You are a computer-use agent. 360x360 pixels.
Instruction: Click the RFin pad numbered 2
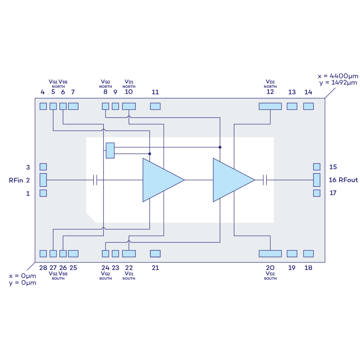point(43,180)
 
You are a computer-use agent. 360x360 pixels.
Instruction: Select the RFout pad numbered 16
point(317,180)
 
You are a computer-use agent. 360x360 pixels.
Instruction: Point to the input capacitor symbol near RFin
point(95,180)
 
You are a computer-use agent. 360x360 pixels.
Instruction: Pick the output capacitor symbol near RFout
point(265,180)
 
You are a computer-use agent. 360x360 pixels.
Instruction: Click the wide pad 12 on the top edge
point(270,106)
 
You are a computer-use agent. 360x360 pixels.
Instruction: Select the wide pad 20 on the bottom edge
point(270,253)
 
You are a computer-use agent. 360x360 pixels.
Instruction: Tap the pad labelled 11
point(155,106)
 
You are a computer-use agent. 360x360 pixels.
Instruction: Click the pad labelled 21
point(155,253)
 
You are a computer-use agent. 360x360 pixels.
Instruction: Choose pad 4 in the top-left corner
point(43,106)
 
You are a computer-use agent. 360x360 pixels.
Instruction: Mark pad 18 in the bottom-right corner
point(309,253)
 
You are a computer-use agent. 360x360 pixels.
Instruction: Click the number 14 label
point(308,92)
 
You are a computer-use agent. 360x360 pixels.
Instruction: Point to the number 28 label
point(43,268)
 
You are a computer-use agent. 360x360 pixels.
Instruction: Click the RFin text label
point(16,180)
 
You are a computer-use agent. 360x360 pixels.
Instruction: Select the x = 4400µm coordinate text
point(338,76)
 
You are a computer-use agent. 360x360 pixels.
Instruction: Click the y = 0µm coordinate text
point(22,283)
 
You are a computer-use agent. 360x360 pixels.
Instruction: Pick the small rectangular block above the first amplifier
point(110,150)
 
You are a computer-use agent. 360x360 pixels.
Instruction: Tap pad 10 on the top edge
point(129,106)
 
